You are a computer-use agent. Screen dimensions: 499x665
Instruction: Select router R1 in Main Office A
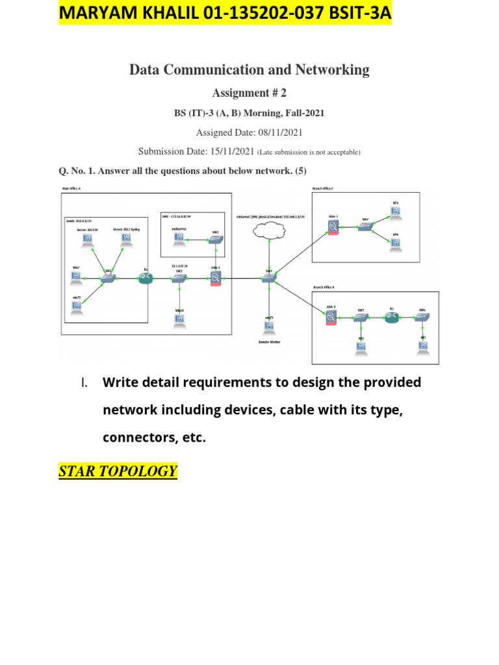point(145,278)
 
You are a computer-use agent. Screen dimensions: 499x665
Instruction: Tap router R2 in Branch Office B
point(392,318)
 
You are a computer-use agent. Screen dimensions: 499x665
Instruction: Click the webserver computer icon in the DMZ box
point(178,239)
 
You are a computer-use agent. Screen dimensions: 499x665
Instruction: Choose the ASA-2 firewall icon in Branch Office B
point(331,318)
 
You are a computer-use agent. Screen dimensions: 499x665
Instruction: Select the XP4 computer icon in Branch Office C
point(396,243)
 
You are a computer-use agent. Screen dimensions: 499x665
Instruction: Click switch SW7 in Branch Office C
point(366,227)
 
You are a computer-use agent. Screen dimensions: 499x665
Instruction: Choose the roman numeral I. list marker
point(84,383)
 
